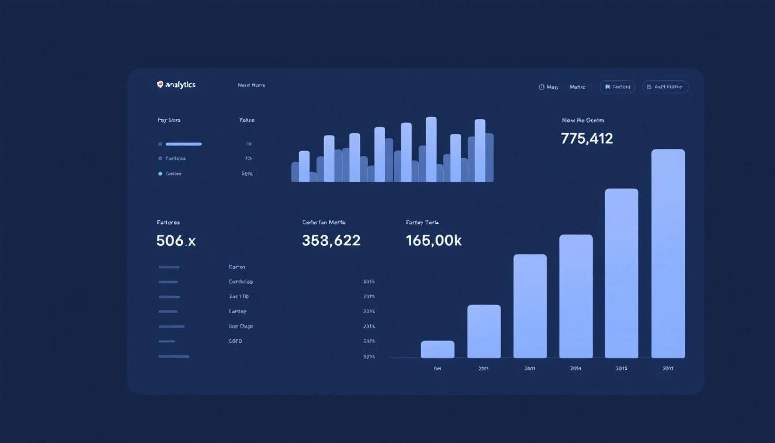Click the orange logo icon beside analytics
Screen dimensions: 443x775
click(160, 85)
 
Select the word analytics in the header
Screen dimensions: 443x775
click(180, 85)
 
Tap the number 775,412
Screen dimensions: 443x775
click(586, 138)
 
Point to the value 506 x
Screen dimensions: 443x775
click(176, 241)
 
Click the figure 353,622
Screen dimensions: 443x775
click(331, 241)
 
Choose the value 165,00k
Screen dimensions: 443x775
click(434, 241)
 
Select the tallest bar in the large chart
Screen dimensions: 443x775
click(668, 254)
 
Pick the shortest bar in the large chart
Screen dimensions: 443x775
click(438, 350)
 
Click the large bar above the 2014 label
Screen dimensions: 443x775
click(575, 296)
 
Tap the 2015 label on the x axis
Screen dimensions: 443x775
click(621, 368)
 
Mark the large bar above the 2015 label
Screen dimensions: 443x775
click(621, 273)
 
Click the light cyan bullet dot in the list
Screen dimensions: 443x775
click(160, 174)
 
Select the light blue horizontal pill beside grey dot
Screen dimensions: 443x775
click(183, 144)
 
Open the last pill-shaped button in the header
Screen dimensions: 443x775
click(665, 87)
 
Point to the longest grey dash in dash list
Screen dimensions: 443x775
click(174, 356)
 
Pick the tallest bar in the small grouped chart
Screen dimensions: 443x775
click(431, 149)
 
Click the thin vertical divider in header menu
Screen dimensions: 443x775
click(592, 87)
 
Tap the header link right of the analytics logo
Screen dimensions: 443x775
click(251, 85)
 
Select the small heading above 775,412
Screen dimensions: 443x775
click(583, 121)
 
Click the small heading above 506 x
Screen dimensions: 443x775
click(168, 222)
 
